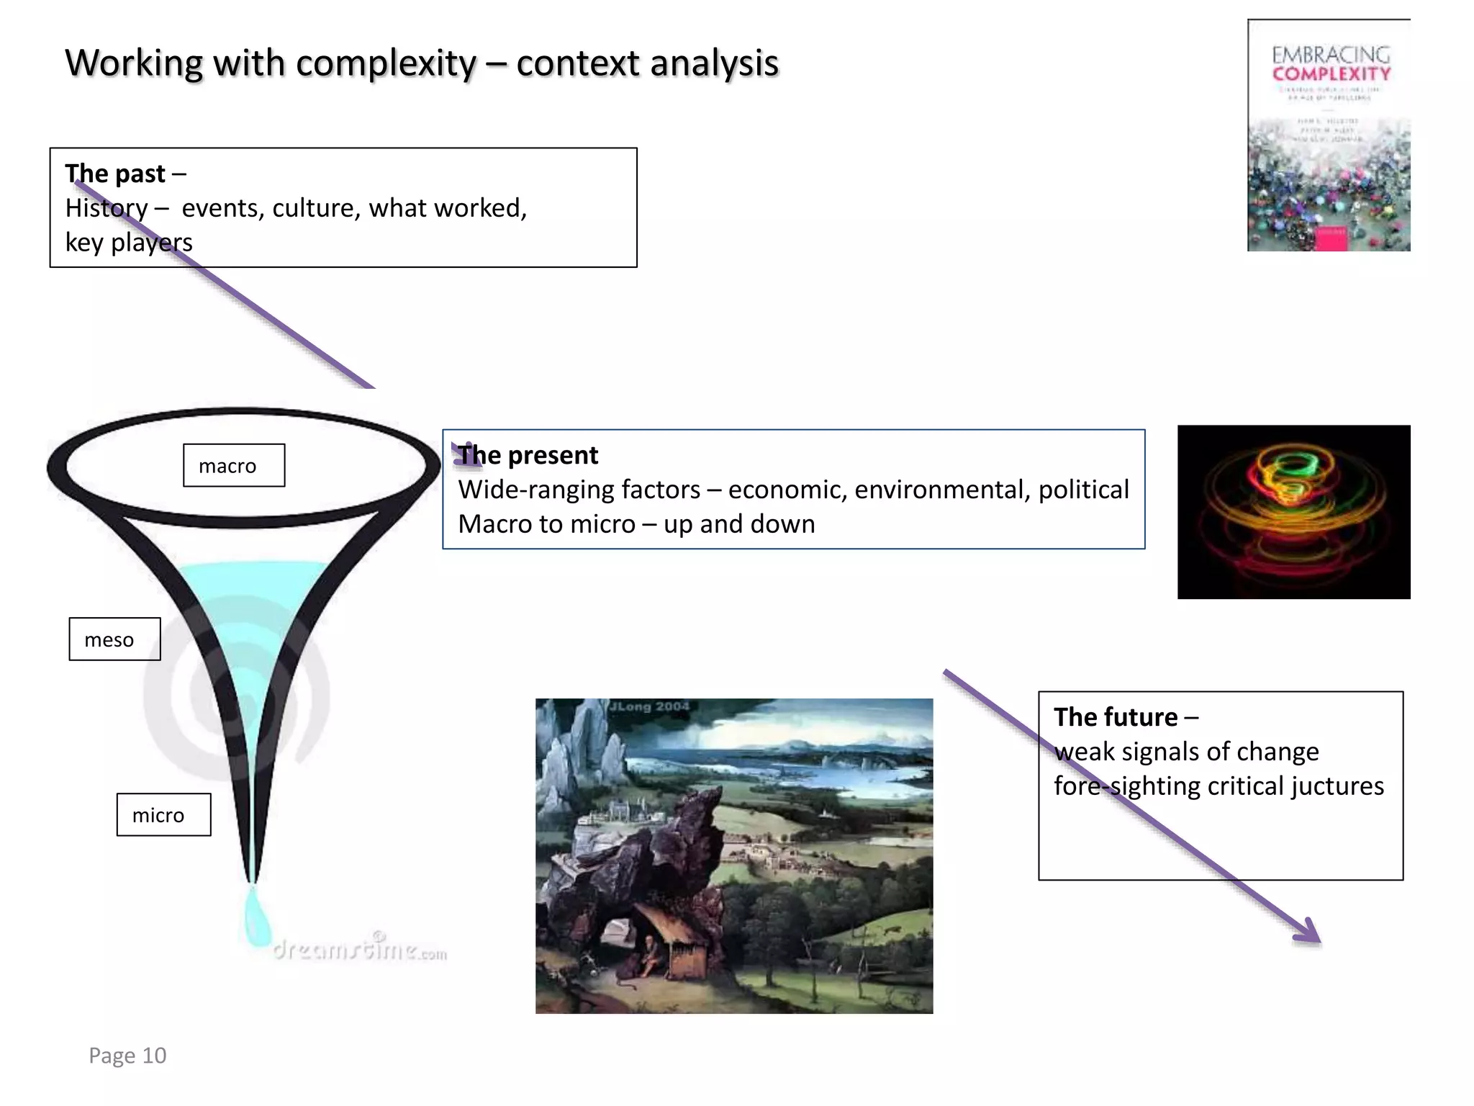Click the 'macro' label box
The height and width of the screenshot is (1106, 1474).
(233, 466)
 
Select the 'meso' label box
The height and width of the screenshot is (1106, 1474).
(114, 639)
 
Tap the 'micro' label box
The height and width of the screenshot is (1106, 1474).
(163, 815)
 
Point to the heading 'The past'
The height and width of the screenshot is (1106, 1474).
(115, 174)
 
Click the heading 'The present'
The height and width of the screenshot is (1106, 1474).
(528, 455)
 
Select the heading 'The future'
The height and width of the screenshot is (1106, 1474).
(1116, 717)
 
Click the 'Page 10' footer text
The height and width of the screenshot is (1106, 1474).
(127, 1056)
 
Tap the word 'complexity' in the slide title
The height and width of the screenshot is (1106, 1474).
(386, 63)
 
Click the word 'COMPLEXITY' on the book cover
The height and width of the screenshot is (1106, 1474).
(1331, 74)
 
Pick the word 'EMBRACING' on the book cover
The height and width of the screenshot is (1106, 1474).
(1331, 54)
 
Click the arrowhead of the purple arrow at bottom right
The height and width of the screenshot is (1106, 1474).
(1310, 932)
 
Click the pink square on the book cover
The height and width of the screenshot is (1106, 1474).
(1331, 240)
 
